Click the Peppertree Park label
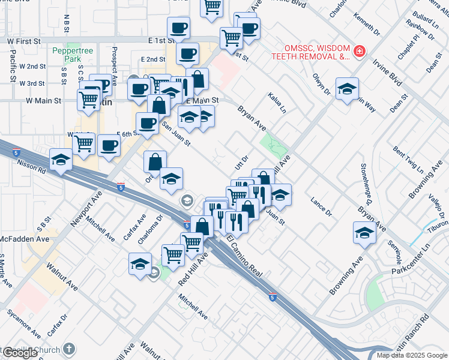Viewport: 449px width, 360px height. click(x=73, y=55)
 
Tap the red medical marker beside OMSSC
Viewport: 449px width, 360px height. click(x=359, y=52)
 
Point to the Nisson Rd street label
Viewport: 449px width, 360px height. click(x=32, y=162)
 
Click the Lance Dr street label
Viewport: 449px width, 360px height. click(x=321, y=206)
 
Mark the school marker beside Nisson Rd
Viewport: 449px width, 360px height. click(x=61, y=160)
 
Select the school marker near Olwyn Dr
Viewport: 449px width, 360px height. click(x=347, y=89)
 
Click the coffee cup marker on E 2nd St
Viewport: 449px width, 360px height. click(x=187, y=53)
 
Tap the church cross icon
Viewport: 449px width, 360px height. click(x=69, y=349)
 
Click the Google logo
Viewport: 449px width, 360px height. click(x=20, y=353)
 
